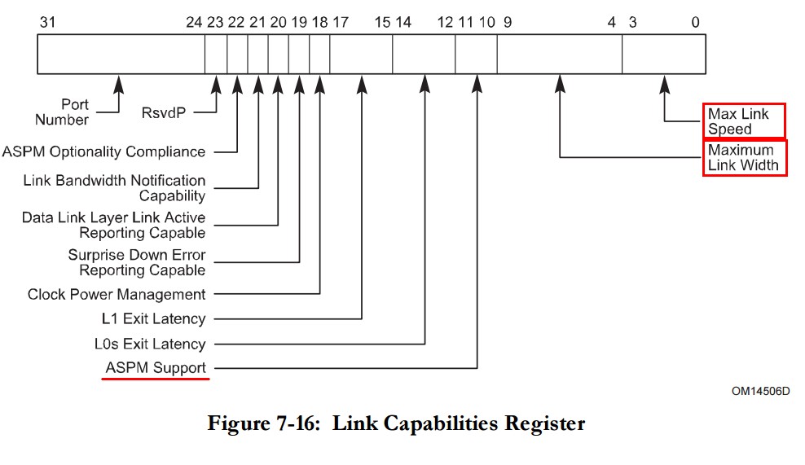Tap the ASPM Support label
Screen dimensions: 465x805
point(156,368)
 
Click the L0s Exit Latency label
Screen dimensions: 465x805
point(149,344)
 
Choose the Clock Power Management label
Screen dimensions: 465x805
point(117,294)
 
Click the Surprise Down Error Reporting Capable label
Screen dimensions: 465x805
point(137,262)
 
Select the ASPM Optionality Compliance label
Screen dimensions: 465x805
point(103,151)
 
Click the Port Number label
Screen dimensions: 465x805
point(64,112)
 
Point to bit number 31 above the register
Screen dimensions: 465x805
point(48,22)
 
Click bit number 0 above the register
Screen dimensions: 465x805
point(695,22)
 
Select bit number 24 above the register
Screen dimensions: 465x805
point(193,22)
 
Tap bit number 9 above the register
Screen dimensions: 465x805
point(507,22)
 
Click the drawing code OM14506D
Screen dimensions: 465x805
point(760,392)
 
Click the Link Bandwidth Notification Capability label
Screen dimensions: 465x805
point(114,188)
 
